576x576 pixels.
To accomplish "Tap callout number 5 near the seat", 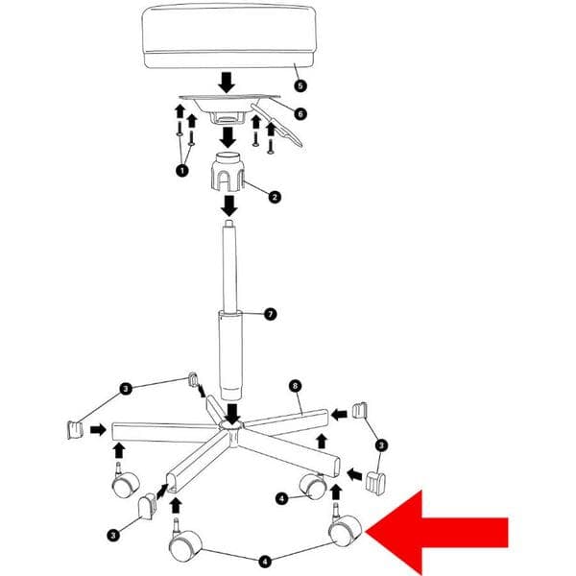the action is [300, 86].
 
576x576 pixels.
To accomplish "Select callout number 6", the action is [300, 114].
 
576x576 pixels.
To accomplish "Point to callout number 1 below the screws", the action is [182, 171].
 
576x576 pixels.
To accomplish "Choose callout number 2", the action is [275, 197].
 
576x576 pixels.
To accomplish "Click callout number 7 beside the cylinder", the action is [271, 315].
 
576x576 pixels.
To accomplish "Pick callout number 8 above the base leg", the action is [295, 386].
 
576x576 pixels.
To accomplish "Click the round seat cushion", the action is [228, 36].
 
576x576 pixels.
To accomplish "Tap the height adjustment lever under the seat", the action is [276, 124].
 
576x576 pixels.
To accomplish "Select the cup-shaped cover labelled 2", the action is [228, 172].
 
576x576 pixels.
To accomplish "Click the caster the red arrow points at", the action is [345, 527].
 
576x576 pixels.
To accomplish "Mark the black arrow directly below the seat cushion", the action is [227, 83].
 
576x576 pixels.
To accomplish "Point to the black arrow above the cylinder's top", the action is [229, 205].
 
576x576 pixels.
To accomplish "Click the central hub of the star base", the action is [230, 430].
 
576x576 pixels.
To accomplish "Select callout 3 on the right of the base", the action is [381, 445].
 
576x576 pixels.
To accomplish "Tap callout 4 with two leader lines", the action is [265, 562].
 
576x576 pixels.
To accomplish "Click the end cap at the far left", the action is [75, 430].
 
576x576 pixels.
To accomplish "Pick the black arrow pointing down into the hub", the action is [232, 413].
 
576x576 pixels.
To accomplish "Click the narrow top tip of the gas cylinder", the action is [228, 223].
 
